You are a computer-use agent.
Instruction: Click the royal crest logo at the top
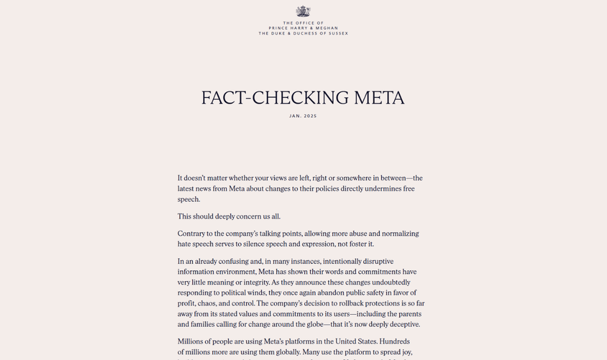click(303, 11)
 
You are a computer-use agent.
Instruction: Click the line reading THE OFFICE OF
click(303, 23)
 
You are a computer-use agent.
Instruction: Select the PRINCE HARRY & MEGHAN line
click(303, 28)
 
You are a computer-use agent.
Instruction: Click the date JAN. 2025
click(303, 116)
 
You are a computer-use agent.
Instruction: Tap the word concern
click(246, 216)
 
